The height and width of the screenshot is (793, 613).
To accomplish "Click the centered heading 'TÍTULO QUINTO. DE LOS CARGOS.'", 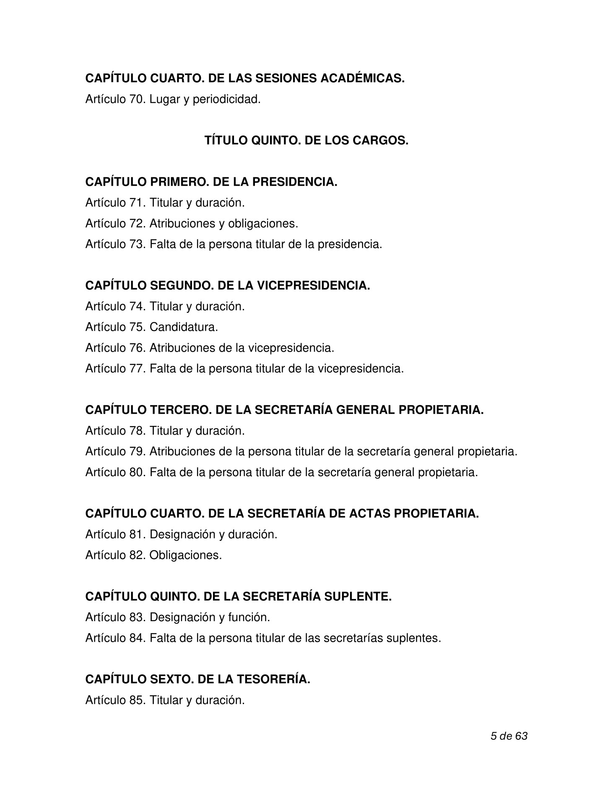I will [x=306, y=140].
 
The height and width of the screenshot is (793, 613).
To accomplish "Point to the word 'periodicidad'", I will [x=226, y=99].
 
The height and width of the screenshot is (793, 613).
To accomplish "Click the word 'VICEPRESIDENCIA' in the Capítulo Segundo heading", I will [x=313, y=285].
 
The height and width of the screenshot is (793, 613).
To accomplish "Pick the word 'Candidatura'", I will [x=184, y=327].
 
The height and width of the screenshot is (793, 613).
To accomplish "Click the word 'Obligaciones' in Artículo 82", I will [x=185, y=555].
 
